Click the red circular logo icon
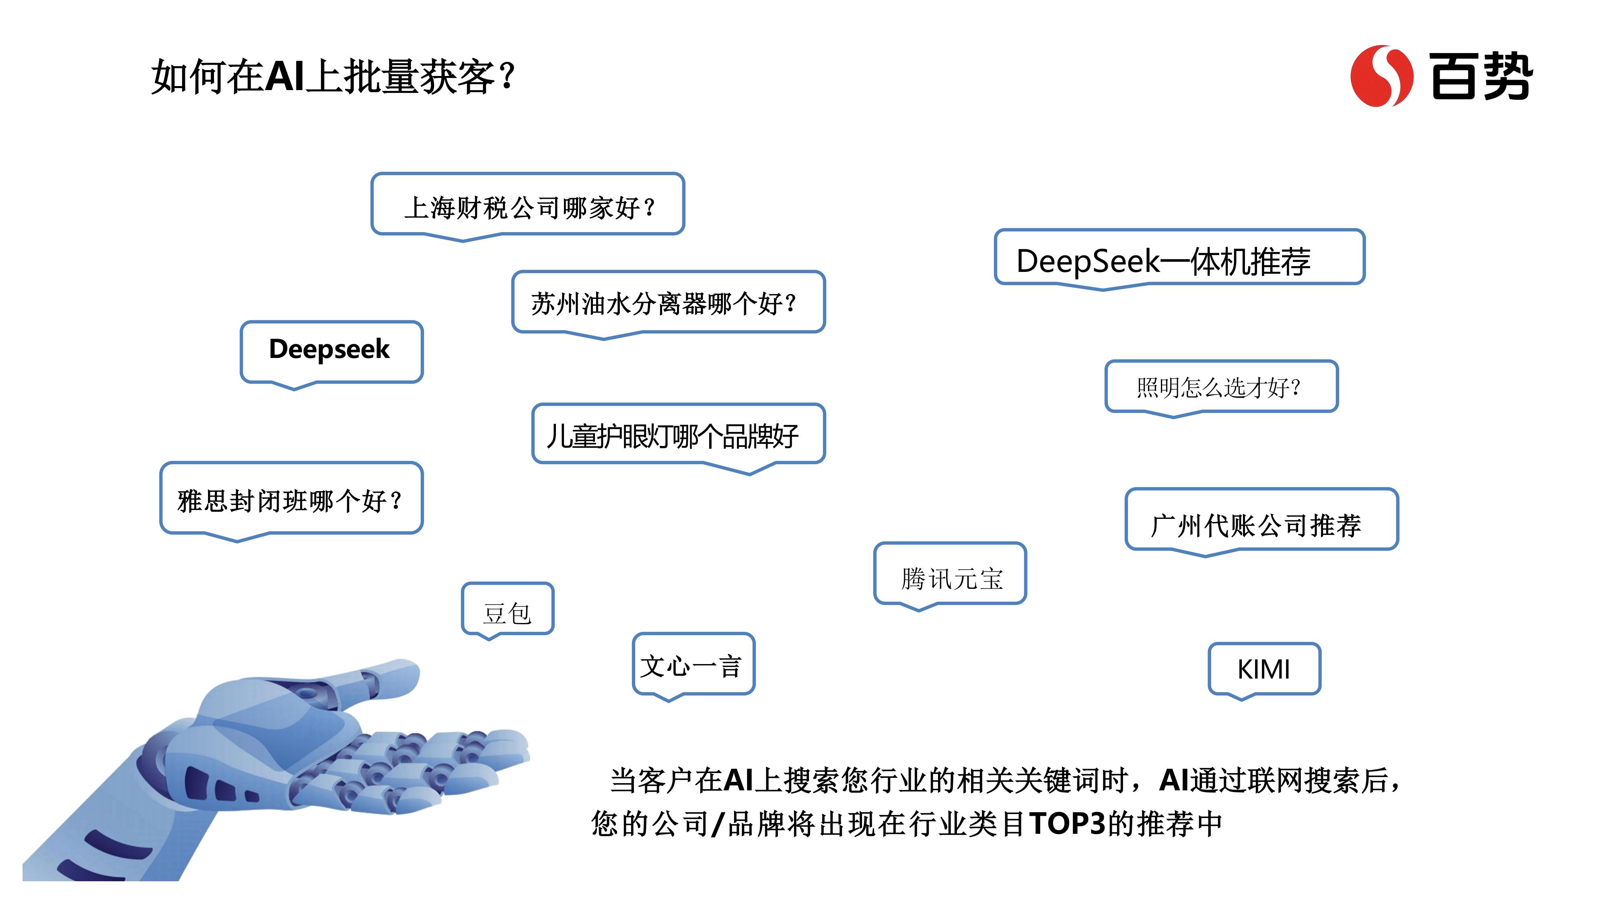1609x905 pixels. point(1382,76)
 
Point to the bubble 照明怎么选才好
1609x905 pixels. point(1221,388)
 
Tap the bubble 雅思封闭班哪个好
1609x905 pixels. point(291,500)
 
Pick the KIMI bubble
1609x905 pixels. point(1264,670)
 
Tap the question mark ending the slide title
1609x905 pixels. point(507,76)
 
